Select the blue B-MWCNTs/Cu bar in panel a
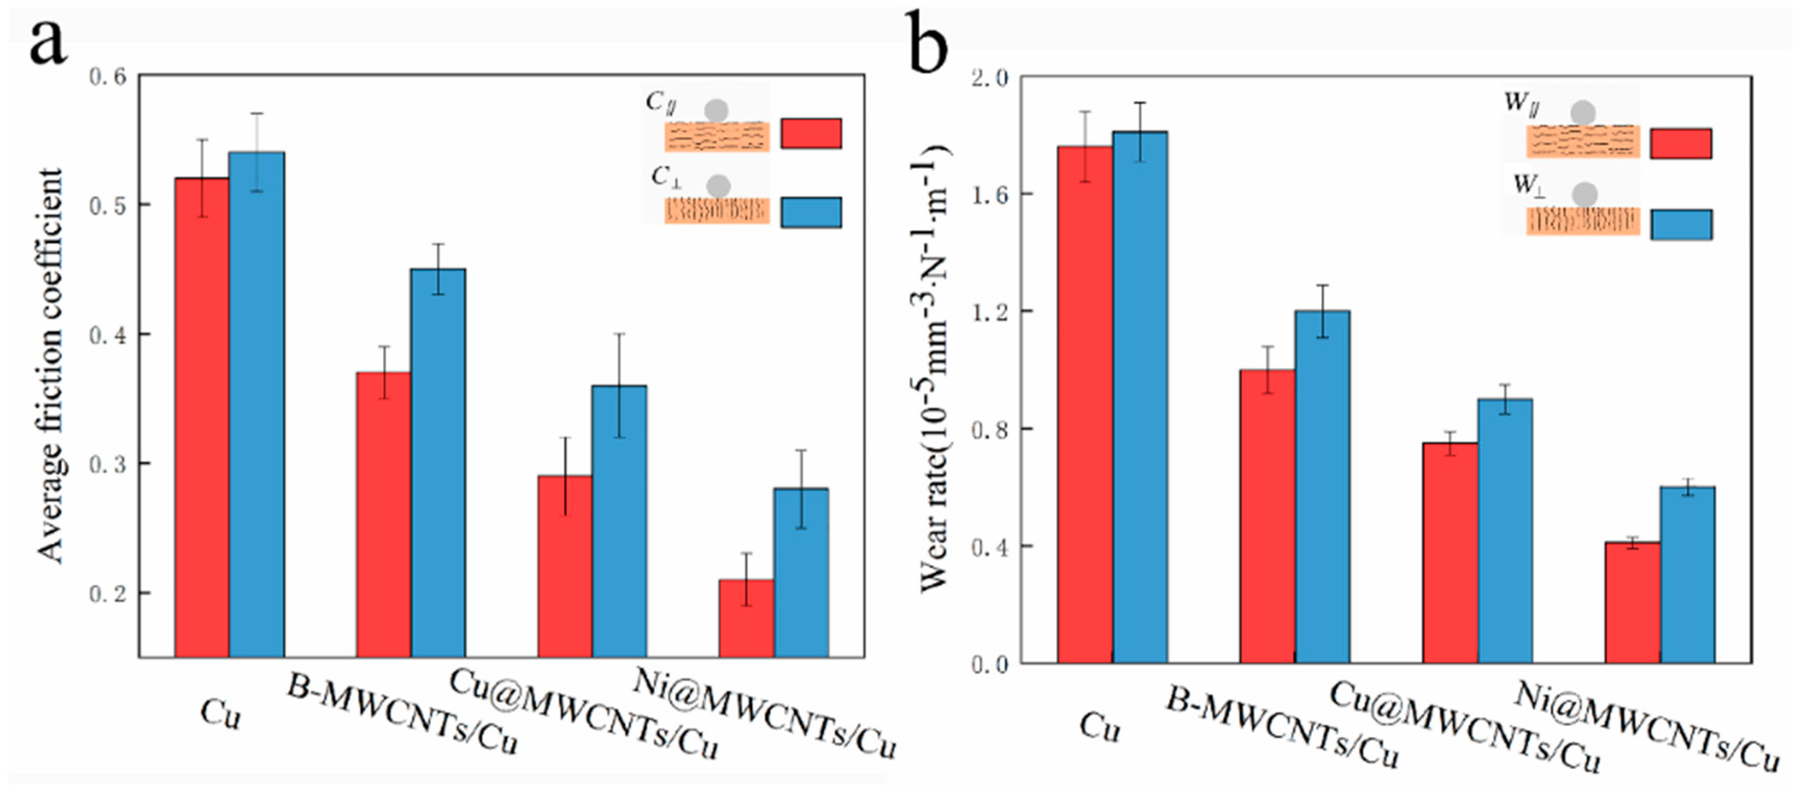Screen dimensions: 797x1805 [438, 462]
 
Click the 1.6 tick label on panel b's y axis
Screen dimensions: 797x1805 [989, 195]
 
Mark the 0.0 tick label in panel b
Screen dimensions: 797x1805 [989, 664]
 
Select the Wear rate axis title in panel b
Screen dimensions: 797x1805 [934, 368]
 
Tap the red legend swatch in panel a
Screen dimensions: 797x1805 [811, 133]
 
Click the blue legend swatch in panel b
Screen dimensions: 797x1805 [1681, 224]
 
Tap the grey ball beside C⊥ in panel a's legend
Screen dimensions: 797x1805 [718, 186]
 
